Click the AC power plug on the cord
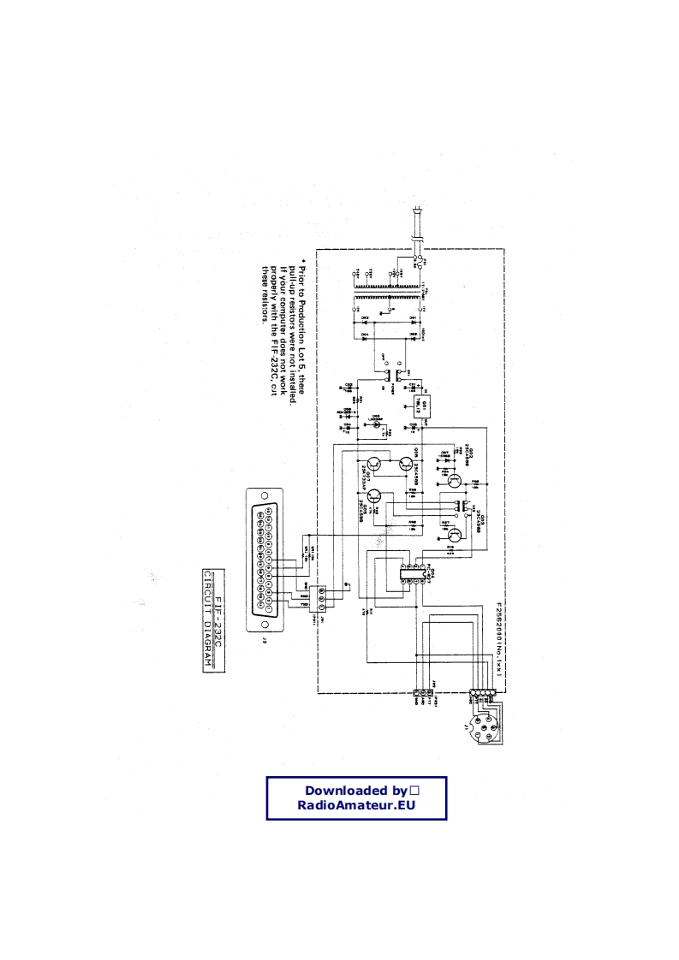(416, 223)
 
